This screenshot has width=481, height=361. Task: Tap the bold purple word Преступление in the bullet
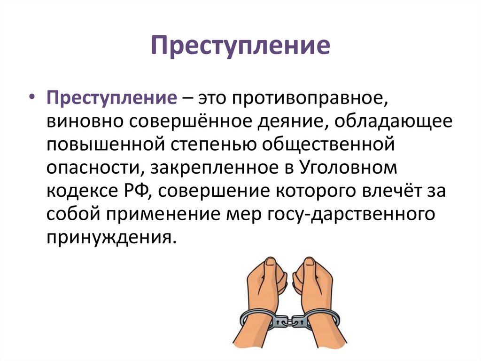point(111,99)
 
